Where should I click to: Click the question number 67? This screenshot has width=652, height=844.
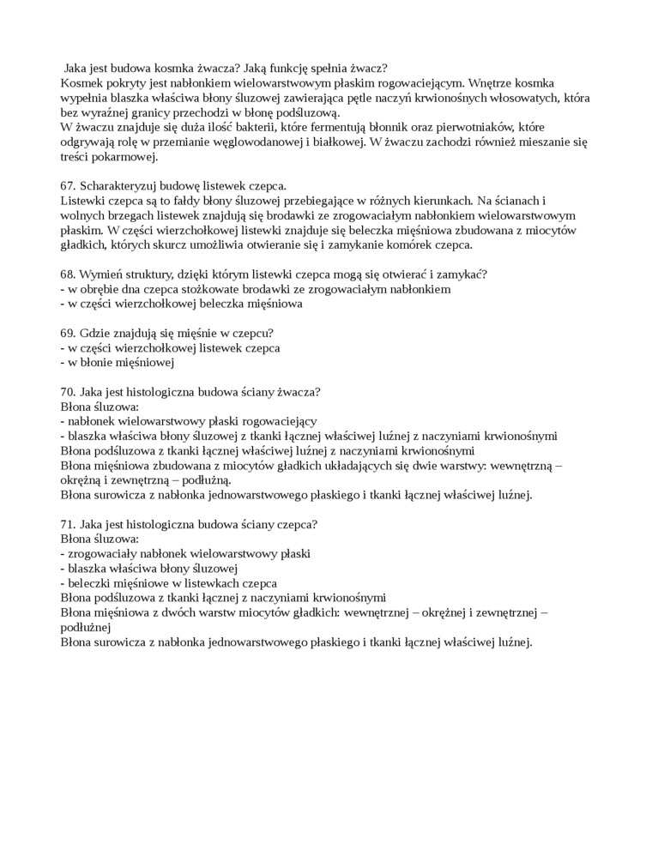click(x=69, y=186)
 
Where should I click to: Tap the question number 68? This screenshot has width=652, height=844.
click(x=69, y=274)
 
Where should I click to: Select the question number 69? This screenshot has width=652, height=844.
click(x=69, y=333)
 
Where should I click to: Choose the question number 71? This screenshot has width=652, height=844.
click(x=69, y=524)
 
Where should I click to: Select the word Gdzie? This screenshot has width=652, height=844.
click(x=96, y=333)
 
